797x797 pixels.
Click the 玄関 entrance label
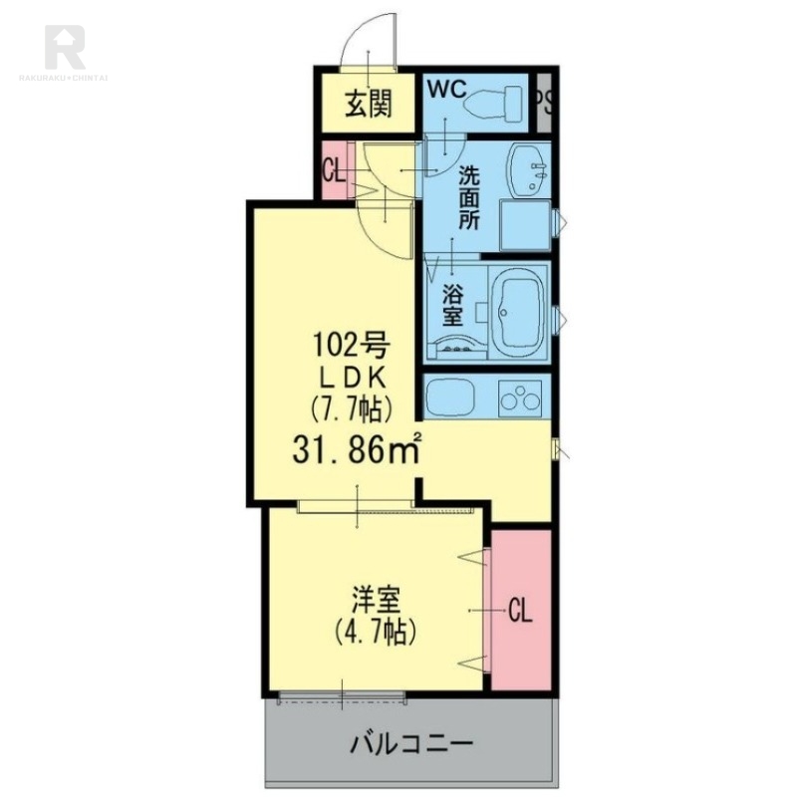pos(367,104)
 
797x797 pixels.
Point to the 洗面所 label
pos(468,197)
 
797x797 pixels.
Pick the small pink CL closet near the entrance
pos(334,170)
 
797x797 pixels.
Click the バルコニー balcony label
pos(409,743)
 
